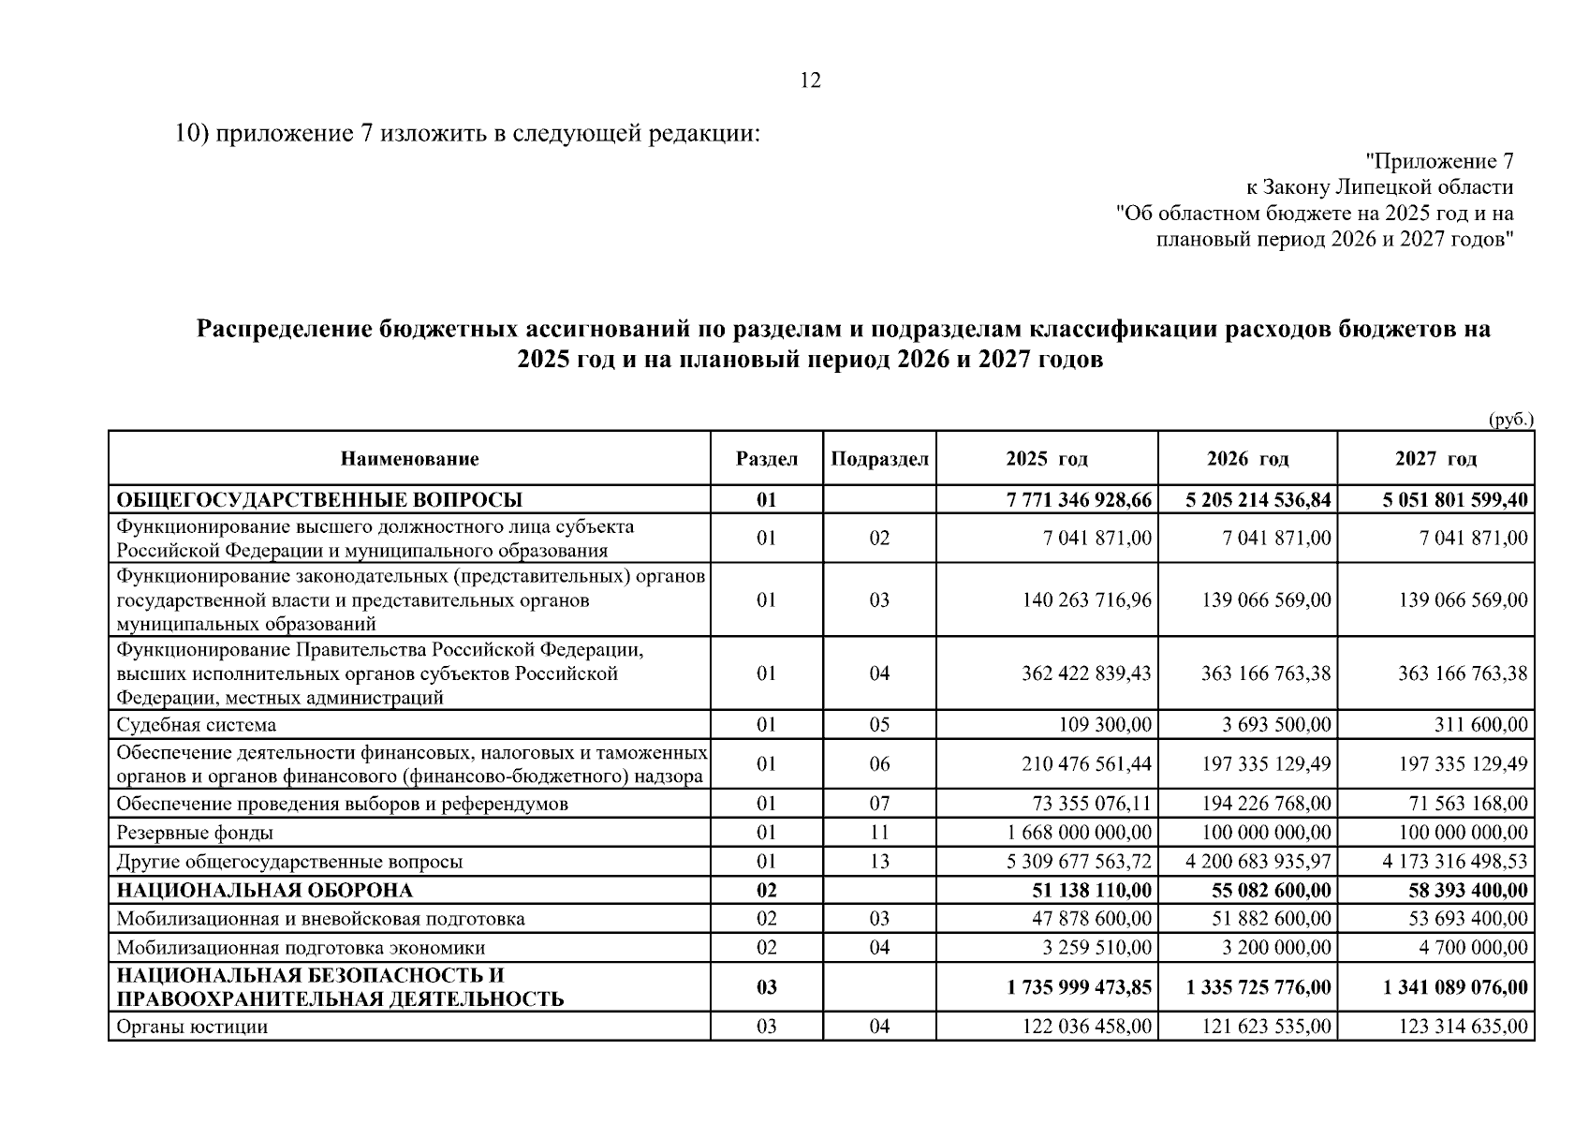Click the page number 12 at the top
click(x=811, y=81)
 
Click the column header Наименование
click(x=409, y=459)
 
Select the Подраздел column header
click(x=879, y=459)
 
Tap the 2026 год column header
click(x=1247, y=459)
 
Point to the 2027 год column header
click(x=1435, y=459)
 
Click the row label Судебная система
click(x=197, y=725)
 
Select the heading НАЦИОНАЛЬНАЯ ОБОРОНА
click(x=265, y=890)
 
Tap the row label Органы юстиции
click(x=192, y=1027)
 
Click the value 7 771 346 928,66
click(x=1079, y=500)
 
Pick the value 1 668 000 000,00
click(x=1080, y=833)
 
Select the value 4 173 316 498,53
click(x=1455, y=862)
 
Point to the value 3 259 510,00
click(x=1097, y=948)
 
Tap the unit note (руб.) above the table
click(x=1510, y=420)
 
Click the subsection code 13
click(x=879, y=862)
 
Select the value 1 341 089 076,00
click(x=1455, y=987)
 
